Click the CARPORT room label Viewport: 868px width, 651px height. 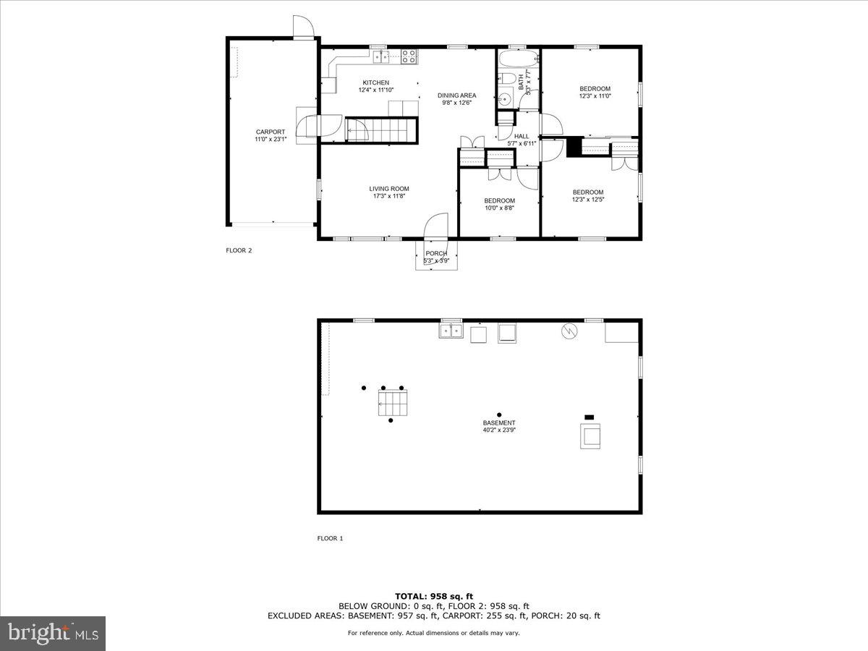click(269, 132)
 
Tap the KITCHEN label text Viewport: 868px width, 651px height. click(375, 82)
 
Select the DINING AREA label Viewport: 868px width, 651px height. click(456, 95)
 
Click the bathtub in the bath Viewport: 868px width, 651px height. click(517, 58)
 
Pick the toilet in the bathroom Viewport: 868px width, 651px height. click(508, 78)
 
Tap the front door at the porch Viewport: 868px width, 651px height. click(436, 227)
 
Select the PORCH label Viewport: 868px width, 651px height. click(436, 253)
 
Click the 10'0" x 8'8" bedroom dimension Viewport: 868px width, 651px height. click(499, 208)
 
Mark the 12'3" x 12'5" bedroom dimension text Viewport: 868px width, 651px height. click(587, 200)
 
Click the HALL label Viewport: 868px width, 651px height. click(522, 136)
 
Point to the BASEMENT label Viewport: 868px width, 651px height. click(499, 423)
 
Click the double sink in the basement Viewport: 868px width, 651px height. click(451, 331)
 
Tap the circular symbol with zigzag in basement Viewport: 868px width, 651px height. click(570, 331)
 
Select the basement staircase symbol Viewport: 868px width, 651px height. click(392, 402)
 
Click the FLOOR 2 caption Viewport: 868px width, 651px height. click(239, 250)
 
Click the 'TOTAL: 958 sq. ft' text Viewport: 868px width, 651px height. click(434, 596)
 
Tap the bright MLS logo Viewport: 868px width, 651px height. click(53, 634)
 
